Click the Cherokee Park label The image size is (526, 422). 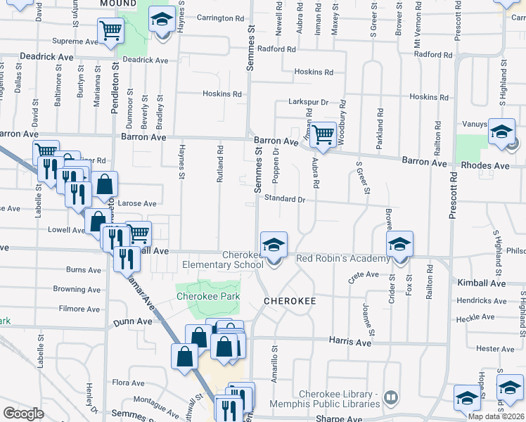pos(207,296)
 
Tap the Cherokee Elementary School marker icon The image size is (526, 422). pos(274,245)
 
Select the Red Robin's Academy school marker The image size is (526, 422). pos(399,245)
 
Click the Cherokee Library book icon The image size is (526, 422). pos(390,399)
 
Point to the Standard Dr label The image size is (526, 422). pos(285,199)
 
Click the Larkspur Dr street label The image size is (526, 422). pos(309,102)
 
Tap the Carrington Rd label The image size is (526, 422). pos(220,18)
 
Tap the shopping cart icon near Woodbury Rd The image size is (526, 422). pos(323,134)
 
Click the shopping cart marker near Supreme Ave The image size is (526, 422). pos(110,32)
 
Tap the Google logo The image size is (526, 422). pos(23,414)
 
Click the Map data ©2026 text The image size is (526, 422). pos(496,416)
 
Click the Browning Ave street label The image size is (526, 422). pos(79,289)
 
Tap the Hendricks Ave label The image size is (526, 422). pos(481,300)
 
